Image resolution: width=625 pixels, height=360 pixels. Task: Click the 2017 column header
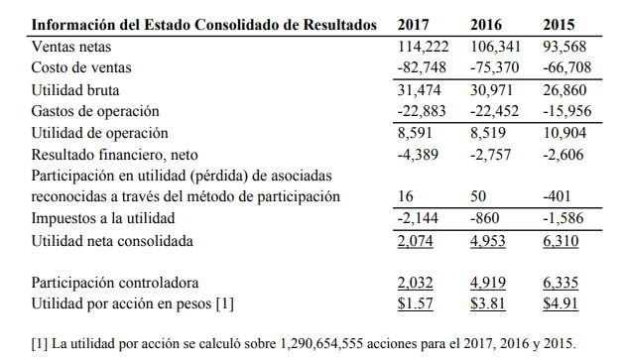[413, 25]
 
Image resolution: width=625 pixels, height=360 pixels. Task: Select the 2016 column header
[486, 25]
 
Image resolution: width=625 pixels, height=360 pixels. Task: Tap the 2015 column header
[559, 25]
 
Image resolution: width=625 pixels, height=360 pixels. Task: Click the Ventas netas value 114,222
[423, 47]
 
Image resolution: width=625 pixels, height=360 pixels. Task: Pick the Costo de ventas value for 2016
[494, 67]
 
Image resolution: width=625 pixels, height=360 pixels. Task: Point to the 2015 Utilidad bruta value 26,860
[564, 90]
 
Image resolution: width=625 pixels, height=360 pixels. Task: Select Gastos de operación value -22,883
[422, 111]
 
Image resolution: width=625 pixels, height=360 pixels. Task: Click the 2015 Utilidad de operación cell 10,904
[564, 133]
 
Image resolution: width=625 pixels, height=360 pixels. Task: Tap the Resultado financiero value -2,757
[490, 155]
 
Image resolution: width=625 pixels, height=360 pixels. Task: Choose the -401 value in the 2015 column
[557, 196]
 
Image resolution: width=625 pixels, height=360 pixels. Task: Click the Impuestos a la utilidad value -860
[485, 218]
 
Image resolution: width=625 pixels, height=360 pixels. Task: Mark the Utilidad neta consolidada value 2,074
[415, 241]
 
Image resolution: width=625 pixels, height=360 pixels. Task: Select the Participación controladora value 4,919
[488, 283]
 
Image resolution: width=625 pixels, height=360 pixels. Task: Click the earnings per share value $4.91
[561, 303]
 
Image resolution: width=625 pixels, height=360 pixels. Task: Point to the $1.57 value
[415, 303]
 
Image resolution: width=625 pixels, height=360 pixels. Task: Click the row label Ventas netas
[71, 47]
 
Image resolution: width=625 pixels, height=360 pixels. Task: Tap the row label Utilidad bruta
[75, 90]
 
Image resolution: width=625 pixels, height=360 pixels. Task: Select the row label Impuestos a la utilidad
[103, 218]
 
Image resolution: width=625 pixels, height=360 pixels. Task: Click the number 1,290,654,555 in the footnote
[321, 344]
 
